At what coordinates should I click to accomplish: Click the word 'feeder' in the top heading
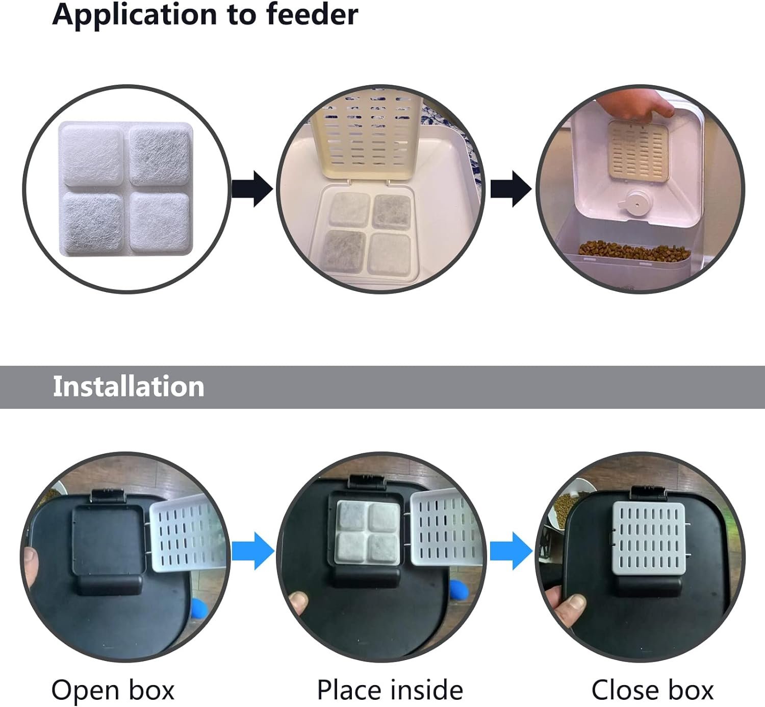coord(312,14)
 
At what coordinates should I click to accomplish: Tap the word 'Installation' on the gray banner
coord(129,386)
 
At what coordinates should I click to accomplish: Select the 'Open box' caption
coord(113,690)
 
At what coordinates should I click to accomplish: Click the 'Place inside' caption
coord(390,690)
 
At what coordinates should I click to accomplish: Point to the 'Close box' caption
coord(652,690)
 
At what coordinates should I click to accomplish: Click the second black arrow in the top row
coord(511,189)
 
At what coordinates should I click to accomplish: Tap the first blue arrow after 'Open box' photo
coord(253,551)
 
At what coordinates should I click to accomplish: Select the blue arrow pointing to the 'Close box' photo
coord(512,551)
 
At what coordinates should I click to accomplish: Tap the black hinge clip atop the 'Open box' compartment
coord(107,495)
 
